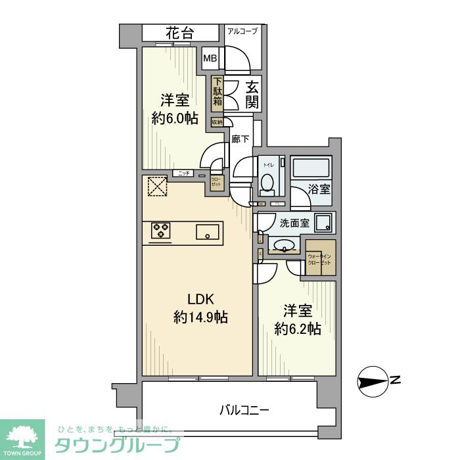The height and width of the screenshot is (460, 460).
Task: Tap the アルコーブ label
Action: pyautogui.click(x=242, y=31)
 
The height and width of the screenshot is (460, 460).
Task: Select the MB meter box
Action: pyautogui.click(x=210, y=58)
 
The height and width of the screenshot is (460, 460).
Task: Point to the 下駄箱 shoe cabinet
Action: pyautogui.click(x=217, y=94)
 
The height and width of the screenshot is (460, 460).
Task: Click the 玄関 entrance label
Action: pyautogui.click(x=252, y=95)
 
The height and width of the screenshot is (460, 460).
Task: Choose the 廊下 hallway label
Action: pyautogui.click(x=240, y=139)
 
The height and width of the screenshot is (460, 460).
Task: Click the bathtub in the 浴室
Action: pyautogui.click(x=312, y=168)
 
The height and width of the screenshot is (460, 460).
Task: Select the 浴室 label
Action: pyautogui.click(x=321, y=189)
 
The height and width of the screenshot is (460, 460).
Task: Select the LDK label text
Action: pyautogui.click(x=200, y=296)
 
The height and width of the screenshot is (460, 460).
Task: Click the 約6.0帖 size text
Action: pyautogui.click(x=174, y=118)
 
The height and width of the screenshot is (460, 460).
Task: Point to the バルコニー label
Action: pyautogui.click(x=244, y=411)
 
